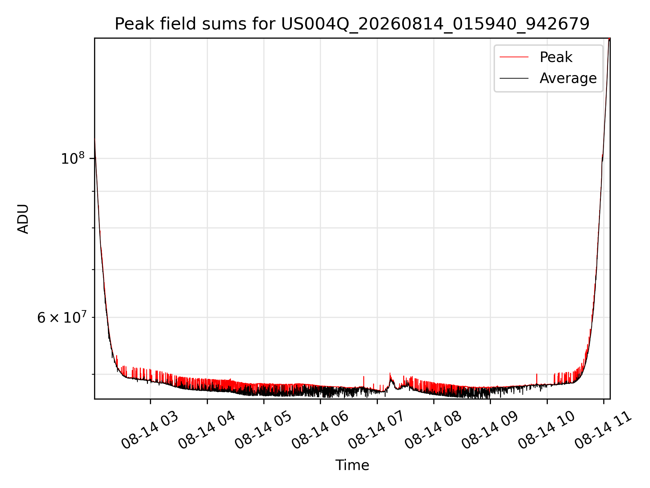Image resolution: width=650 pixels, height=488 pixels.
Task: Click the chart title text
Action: (x=352, y=24)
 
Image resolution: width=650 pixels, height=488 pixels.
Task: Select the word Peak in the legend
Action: (x=556, y=57)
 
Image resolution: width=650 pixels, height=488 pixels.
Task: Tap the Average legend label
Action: (x=568, y=78)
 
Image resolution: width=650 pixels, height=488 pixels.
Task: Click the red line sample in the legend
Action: (x=514, y=57)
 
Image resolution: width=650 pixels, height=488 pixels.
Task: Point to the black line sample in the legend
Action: (x=514, y=78)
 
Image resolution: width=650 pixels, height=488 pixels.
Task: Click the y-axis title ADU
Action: (x=23, y=219)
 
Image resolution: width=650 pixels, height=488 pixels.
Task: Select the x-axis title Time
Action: (x=352, y=465)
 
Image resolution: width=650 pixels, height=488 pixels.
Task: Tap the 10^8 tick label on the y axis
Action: (x=72, y=158)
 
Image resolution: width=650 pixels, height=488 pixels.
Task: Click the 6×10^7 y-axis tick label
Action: (x=62, y=318)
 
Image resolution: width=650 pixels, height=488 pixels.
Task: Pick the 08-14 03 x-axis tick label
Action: (x=150, y=430)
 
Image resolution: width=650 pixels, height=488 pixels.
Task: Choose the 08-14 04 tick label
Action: (x=207, y=430)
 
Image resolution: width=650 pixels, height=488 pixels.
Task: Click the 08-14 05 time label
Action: (x=263, y=430)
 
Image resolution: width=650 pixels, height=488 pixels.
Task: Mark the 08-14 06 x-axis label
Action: (x=320, y=430)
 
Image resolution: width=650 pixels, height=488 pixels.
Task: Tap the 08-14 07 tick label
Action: (x=376, y=430)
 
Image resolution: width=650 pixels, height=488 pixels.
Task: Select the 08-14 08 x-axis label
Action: (x=433, y=430)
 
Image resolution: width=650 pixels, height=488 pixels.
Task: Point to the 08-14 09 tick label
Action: (x=490, y=430)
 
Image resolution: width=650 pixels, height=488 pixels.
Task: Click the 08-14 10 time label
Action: (x=547, y=430)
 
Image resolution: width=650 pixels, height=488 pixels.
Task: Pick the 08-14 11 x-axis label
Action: (x=603, y=430)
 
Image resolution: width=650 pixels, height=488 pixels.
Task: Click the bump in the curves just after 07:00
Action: (x=391, y=381)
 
